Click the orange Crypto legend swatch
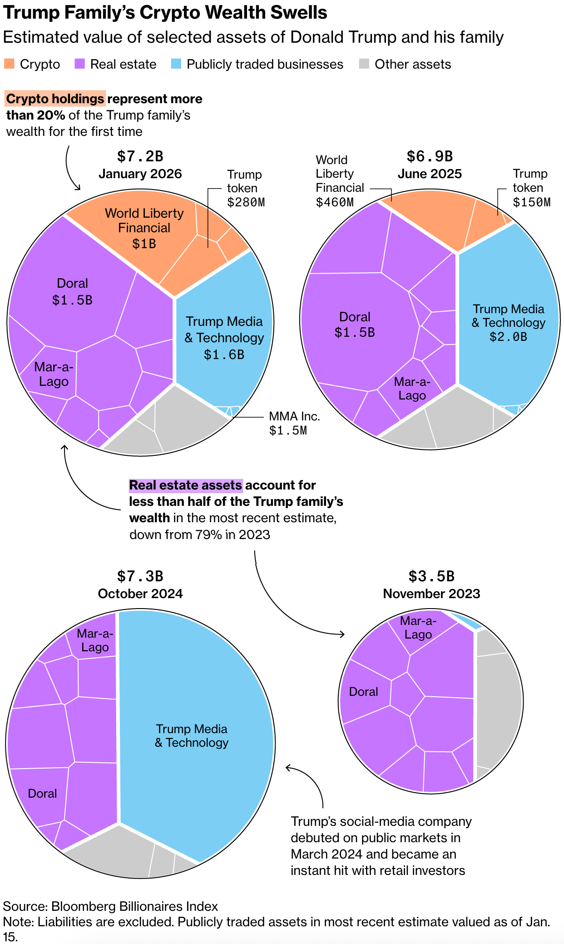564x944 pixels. (9, 64)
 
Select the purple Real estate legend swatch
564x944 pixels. (79, 64)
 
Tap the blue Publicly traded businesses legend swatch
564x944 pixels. (176, 64)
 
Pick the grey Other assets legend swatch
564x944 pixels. (364, 64)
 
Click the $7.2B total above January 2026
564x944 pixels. (140, 156)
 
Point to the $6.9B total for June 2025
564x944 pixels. (430, 156)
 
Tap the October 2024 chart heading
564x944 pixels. (140, 594)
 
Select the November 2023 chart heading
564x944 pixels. (431, 594)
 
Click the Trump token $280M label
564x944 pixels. (245, 188)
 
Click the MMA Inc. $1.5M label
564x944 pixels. (294, 423)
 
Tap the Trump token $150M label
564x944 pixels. (531, 188)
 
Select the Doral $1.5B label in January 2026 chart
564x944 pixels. (72, 292)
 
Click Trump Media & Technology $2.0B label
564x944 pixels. (508, 323)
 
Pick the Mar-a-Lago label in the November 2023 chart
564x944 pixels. (418, 628)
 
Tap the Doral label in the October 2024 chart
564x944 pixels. (42, 794)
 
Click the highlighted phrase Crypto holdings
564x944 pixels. (55, 99)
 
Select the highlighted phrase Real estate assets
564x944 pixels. (185, 485)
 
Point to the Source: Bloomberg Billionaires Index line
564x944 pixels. (110, 906)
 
